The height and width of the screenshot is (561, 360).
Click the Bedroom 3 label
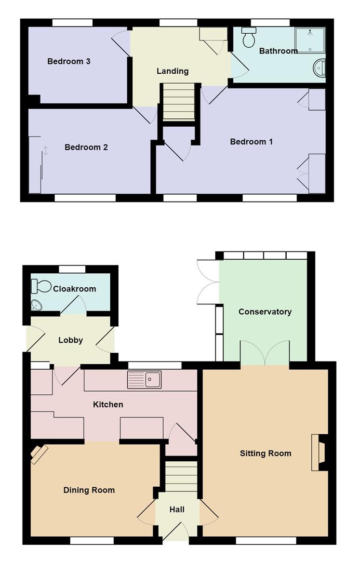click(x=69, y=61)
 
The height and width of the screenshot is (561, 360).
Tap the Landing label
click(x=172, y=71)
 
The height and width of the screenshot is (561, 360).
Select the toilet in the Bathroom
click(x=249, y=37)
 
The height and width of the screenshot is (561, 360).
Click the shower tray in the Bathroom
click(x=310, y=40)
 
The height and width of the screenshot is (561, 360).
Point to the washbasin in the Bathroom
click(x=319, y=68)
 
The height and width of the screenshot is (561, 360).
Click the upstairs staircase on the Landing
click(x=179, y=102)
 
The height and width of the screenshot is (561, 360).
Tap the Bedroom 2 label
click(x=86, y=147)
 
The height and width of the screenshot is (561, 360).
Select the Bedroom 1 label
click(x=251, y=142)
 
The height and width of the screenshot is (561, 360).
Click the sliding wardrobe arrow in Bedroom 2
click(x=46, y=150)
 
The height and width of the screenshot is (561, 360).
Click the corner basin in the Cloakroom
click(x=36, y=305)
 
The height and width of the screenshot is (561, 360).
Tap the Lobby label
click(x=71, y=340)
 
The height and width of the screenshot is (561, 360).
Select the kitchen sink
click(x=144, y=380)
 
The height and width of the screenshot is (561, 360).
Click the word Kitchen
click(x=108, y=405)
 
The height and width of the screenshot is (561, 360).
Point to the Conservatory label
click(x=265, y=312)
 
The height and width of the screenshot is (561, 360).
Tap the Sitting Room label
click(x=265, y=453)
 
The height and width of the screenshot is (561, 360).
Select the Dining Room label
click(x=89, y=490)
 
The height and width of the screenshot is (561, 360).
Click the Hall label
click(x=177, y=510)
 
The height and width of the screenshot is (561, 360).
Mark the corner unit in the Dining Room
click(x=39, y=455)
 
